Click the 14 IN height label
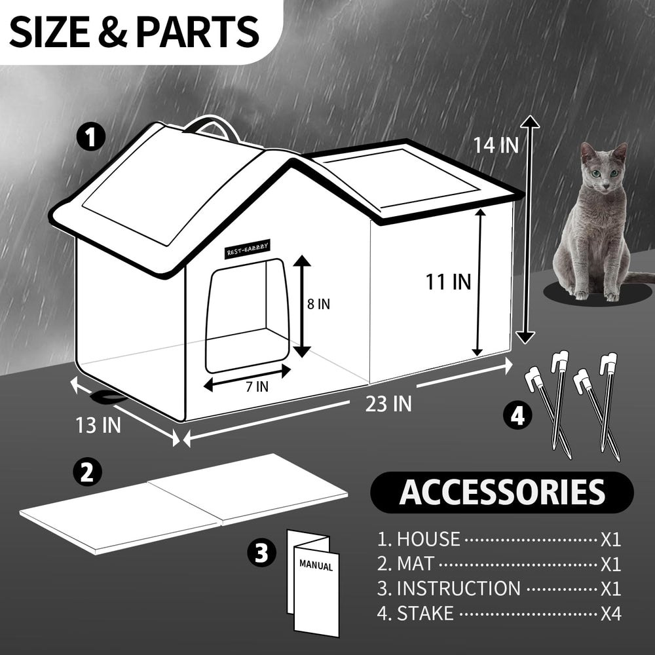point(495,145)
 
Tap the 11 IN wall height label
point(448,282)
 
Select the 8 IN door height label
point(318,304)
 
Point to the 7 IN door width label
point(257,387)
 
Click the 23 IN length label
point(388,404)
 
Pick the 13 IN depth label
point(98,425)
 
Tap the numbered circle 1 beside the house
point(91,138)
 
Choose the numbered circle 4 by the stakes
point(517,416)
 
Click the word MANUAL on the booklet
point(316,566)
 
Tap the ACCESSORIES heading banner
point(502,493)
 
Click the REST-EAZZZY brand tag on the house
point(248,250)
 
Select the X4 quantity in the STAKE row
point(610,614)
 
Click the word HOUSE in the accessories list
point(428,539)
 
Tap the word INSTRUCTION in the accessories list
point(458,589)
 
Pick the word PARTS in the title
point(197,32)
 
